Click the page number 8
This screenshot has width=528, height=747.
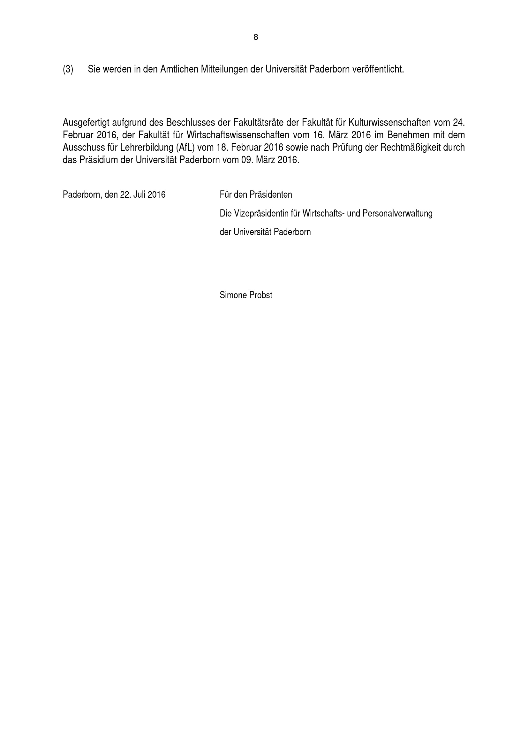[256, 37]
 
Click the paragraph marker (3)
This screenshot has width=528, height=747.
[68, 69]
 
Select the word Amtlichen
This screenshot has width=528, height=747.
[179, 69]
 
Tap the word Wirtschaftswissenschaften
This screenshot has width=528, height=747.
[238, 135]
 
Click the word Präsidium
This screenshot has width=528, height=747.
[98, 160]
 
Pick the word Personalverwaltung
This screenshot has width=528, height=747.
[397, 213]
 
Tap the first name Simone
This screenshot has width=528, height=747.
[233, 295]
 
